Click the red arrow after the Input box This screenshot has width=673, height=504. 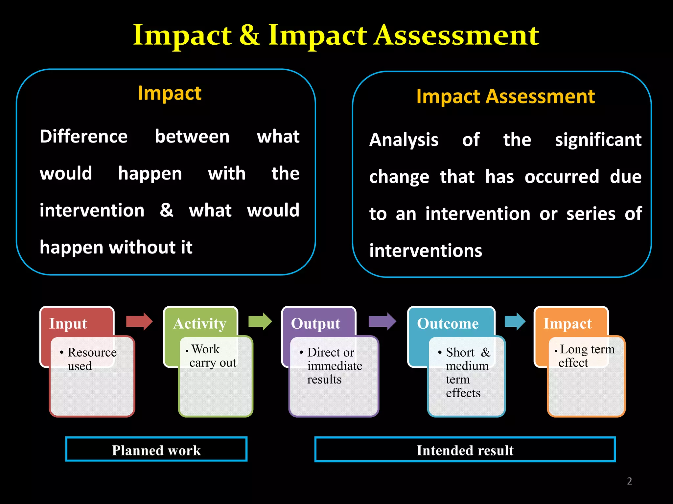pos(139,321)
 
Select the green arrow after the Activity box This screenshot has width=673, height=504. pos(260,321)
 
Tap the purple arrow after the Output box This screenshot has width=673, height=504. pos(382,321)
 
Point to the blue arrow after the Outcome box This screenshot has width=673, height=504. pos(515,321)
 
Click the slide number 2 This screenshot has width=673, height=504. pos(629,481)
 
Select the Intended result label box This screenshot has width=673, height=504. pos(465,450)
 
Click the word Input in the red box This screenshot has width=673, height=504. pos(68,324)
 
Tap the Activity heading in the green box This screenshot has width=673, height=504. pos(200,324)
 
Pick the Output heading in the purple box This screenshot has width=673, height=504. pos(315,324)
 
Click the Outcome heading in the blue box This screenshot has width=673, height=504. pos(448,324)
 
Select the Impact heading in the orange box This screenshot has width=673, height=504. pos(568,324)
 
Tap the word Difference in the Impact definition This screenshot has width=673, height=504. pos(83,136)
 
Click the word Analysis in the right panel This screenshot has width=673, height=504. pos(404,140)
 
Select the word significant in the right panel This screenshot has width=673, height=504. pos(598,140)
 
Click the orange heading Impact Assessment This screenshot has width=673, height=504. pos(505,97)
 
